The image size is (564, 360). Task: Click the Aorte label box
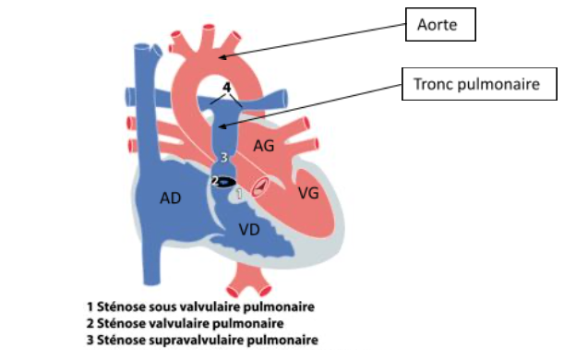point(440,24)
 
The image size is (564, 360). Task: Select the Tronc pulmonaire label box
point(479,84)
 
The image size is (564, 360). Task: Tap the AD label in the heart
point(171,198)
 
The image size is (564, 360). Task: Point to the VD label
point(249,230)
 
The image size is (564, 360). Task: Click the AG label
point(264,146)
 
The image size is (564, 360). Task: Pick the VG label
point(308,194)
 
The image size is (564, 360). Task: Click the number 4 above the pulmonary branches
point(226,88)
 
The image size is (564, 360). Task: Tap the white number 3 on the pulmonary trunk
point(224,157)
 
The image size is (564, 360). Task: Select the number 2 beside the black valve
point(215,181)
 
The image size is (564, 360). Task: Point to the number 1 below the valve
point(239,194)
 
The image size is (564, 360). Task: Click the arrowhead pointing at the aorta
point(223,56)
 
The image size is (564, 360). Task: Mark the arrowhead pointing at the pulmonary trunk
point(223,126)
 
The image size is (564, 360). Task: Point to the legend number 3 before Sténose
point(90,340)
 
